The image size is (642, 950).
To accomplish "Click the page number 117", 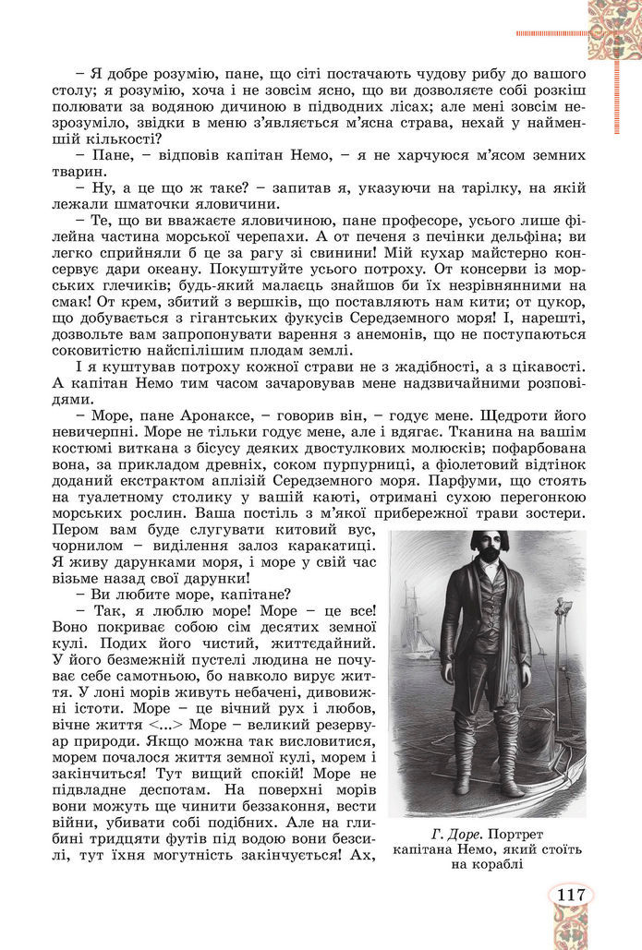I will pyautogui.click(x=570, y=894).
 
